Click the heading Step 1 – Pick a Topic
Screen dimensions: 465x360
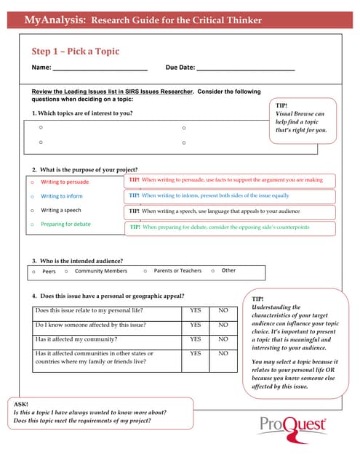[75, 52]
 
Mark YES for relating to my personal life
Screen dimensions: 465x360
[195, 311]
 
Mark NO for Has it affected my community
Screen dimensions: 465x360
[223, 339]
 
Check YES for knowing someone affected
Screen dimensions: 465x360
[195, 325]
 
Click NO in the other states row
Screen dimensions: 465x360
[223, 354]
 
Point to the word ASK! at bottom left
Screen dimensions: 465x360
[22, 403]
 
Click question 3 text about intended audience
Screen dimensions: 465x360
[77, 260]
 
